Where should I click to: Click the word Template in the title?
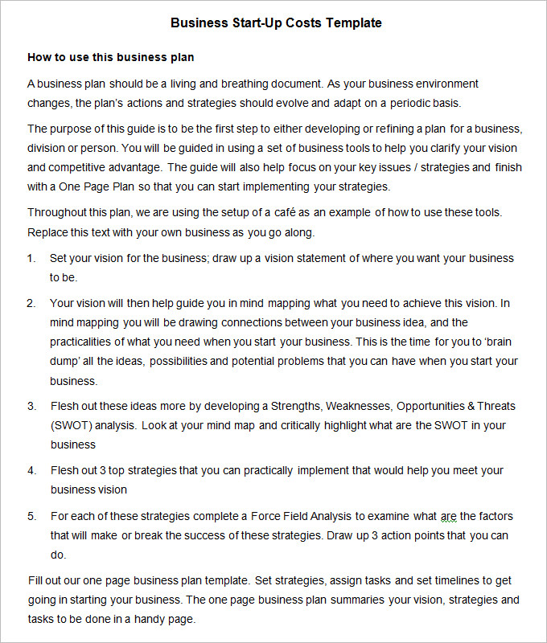(354, 23)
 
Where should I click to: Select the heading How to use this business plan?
(111, 58)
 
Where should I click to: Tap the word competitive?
(82, 167)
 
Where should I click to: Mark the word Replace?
(49, 232)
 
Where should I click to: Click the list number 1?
(31, 258)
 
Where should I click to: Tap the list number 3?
(31, 406)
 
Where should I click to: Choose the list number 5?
(31, 515)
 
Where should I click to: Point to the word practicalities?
(86, 342)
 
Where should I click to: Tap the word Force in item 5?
(267, 515)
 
